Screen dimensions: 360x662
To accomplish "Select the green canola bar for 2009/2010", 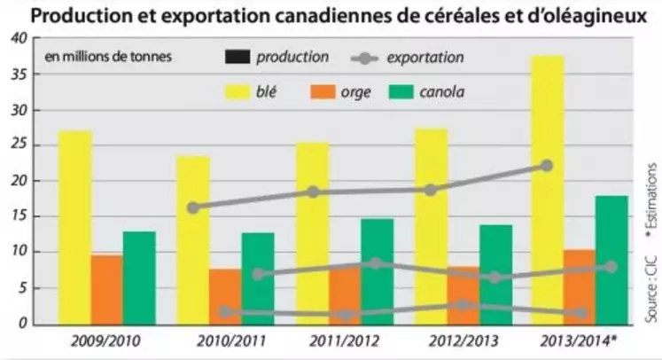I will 139,278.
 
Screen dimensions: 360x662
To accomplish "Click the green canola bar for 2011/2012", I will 378,271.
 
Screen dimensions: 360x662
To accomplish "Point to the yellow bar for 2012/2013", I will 431,226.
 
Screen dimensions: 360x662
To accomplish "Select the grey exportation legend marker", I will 361,59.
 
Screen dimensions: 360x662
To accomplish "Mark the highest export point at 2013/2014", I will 547,166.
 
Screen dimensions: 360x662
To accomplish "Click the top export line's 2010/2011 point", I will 193,207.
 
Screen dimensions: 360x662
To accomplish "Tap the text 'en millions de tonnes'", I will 108,59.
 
